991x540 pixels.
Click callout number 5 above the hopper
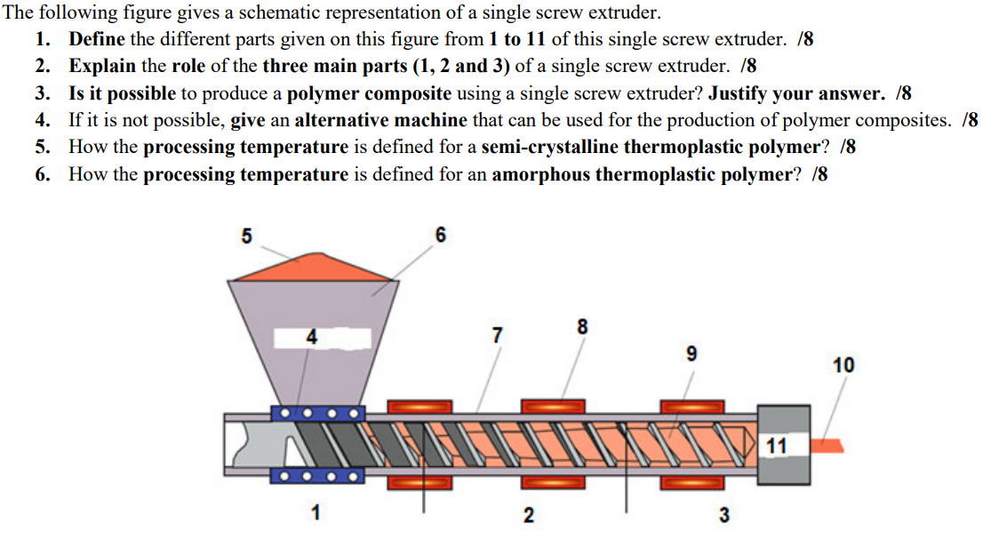pos(247,236)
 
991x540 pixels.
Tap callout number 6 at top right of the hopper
pos(441,236)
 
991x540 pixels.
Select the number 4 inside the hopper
pos(311,337)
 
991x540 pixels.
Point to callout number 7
pos(498,335)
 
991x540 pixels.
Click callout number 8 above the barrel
pos(582,326)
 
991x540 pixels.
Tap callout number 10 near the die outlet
pos(843,365)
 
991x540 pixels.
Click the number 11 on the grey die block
pos(777,446)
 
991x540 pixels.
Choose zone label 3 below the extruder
pos(724,515)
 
